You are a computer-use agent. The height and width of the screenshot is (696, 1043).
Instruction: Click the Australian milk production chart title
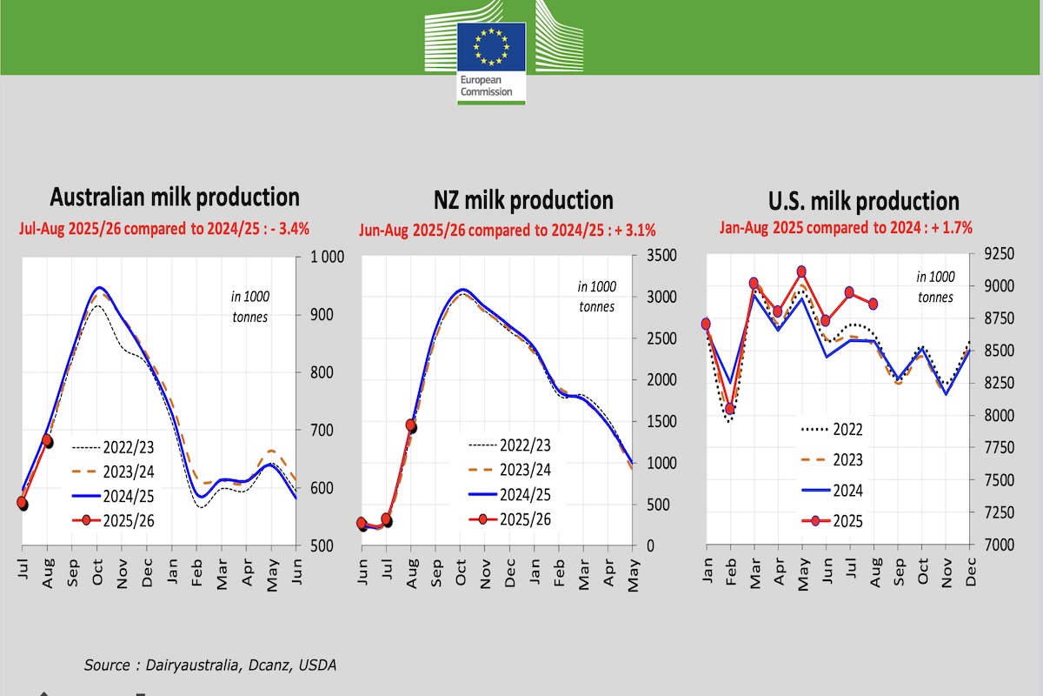pyautogui.click(x=175, y=197)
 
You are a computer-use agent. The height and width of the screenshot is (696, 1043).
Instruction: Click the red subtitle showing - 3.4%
pyautogui.click(x=164, y=229)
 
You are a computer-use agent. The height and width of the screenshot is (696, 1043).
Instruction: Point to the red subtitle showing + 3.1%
pyautogui.click(x=508, y=231)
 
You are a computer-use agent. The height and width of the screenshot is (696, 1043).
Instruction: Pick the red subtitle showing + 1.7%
pyautogui.click(x=846, y=228)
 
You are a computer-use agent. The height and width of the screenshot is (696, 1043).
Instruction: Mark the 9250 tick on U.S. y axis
pyautogui.click(x=999, y=254)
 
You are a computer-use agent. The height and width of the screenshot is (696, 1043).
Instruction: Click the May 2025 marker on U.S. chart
pyautogui.click(x=801, y=272)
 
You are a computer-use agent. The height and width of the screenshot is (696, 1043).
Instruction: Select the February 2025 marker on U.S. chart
pyautogui.click(x=730, y=408)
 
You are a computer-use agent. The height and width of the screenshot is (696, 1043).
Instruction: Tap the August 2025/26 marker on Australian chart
pyautogui.click(x=48, y=441)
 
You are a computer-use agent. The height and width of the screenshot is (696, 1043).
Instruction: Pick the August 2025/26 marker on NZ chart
pyautogui.click(x=411, y=425)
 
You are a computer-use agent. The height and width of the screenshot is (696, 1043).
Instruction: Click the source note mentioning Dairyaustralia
pyautogui.click(x=209, y=665)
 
